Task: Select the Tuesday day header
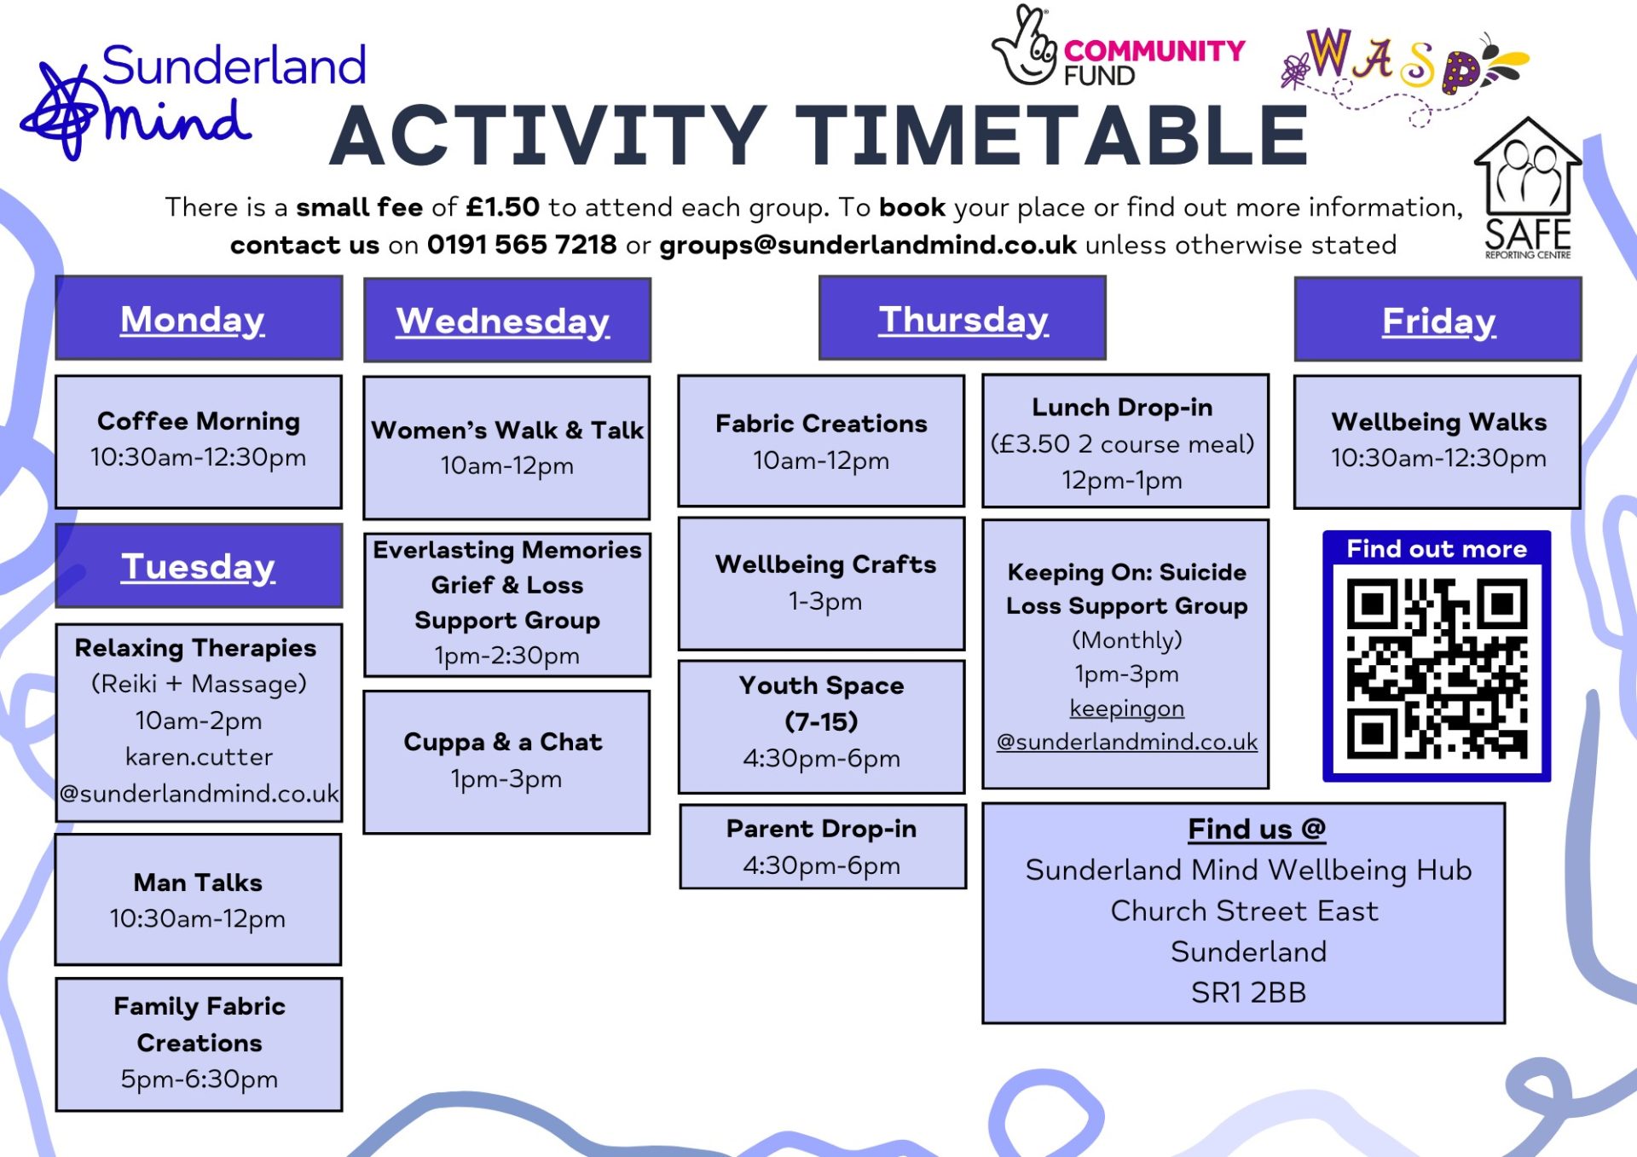(199, 565)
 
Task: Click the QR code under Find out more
(1437, 669)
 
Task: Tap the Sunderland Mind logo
(194, 101)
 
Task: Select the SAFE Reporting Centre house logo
(1527, 188)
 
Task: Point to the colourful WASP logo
(1405, 72)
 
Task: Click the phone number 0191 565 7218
(522, 245)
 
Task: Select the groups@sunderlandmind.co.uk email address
(868, 246)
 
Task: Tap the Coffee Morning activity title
(199, 420)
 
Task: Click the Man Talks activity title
(198, 882)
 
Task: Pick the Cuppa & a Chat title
(503, 742)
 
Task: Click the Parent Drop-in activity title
(822, 828)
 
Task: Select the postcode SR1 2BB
(1248, 992)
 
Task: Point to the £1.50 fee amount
(503, 207)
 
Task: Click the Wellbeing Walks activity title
(1439, 421)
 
